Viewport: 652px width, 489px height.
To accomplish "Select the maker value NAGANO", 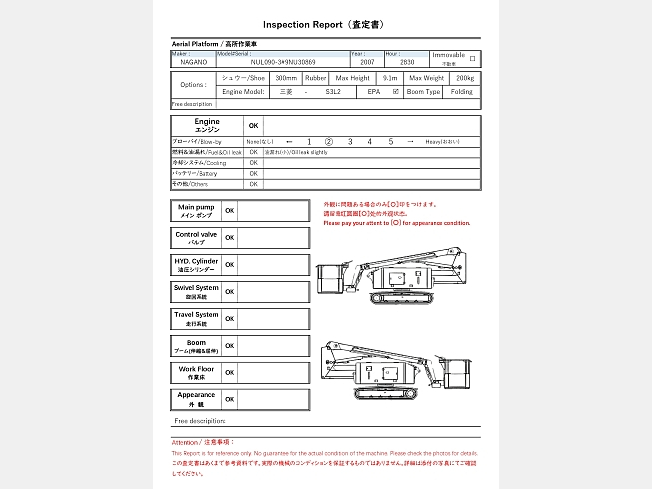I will click(194, 62).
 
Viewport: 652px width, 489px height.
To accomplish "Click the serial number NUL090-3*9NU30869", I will click(283, 62).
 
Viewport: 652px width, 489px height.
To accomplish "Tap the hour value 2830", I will click(407, 62).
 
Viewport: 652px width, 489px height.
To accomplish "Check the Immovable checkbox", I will click(472, 58).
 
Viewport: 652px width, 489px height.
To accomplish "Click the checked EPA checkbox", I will click(396, 91).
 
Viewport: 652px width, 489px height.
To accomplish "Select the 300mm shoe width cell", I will click(285, 77).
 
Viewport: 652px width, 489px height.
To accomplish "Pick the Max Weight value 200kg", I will click(465, 77).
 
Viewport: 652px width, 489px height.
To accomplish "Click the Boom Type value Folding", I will click(461, 91).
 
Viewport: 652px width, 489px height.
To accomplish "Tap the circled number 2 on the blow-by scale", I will click(329, 141).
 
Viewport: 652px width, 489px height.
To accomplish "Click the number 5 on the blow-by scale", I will click(390, 141).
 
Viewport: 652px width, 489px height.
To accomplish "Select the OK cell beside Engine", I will click(253, 126).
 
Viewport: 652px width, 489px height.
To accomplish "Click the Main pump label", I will click(196, 210).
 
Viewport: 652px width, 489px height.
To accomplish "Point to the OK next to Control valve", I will click(229, 238).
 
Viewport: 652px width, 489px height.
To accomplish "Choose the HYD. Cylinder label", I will click(196, 264).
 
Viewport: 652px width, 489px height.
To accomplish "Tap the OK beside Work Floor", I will click(229, 372).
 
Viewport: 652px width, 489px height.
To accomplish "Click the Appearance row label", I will click(196, 398).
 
